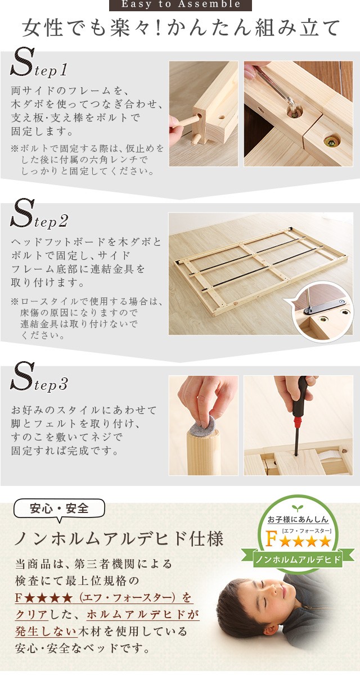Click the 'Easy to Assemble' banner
[181, 5]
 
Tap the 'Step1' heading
[39, 64]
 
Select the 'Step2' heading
[39, 214]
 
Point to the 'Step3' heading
[39, 377]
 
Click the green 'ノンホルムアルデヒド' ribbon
[298, 560]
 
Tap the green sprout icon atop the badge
[298, 508]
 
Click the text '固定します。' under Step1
[42, 132]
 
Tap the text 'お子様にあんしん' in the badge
[298, 519]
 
